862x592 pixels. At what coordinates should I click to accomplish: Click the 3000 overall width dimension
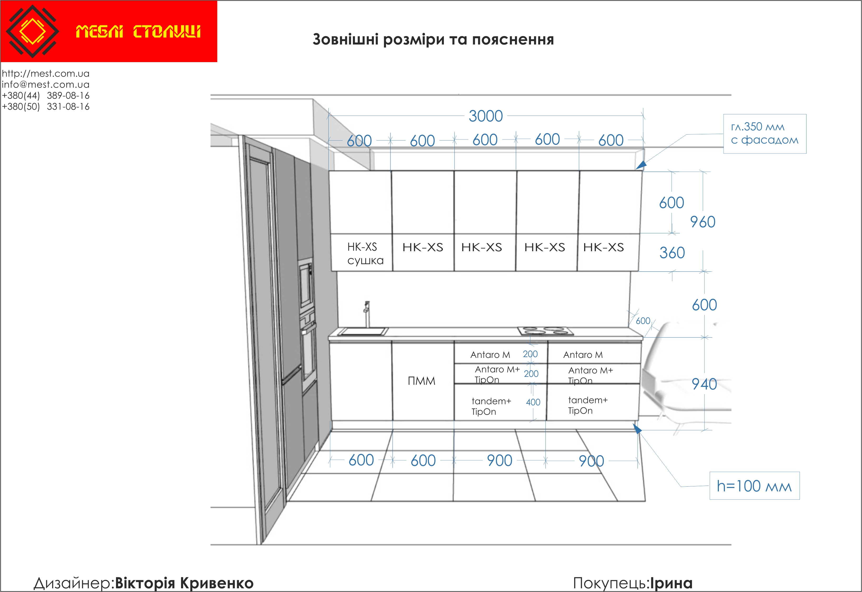click(x=485, y=116)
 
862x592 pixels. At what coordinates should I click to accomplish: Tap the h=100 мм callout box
click(x=754, y=486)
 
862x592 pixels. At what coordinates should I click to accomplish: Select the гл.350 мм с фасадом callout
click(x=765, y=134)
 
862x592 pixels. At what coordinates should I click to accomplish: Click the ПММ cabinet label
click(x=421, y=381)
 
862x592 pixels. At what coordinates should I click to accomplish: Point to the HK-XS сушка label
click(x=365, y=254)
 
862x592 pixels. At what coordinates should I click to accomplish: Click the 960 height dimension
click(x=703, y=222)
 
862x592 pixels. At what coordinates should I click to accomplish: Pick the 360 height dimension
click(x=672, y=253)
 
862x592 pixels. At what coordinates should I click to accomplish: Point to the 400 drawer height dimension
click(x=533, y=402)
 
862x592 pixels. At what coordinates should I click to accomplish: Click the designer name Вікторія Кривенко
click(x=184, y=583)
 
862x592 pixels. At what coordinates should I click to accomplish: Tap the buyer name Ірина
click(x=671, y=583)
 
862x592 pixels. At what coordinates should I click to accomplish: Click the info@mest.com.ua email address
click(x=46, y=84)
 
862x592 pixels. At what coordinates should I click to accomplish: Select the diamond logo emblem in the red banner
click(x=33, y=31)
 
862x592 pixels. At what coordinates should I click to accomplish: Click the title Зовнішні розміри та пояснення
click(x=433, y=39)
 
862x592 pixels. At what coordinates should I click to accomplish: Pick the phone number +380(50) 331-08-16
click(x=46, y=106)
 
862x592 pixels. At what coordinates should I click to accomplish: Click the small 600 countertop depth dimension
click(x=643, y=321)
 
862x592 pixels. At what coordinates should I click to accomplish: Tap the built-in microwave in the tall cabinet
click(x=306, y=284)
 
